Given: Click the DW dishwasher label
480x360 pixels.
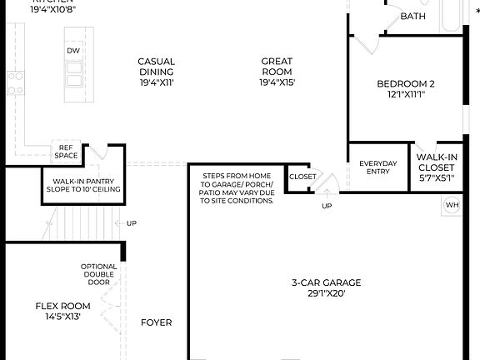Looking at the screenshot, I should click(x=73, y=51).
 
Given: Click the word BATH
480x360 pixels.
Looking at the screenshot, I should click(x=412, y=17).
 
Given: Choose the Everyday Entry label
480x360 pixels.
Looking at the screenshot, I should click(x=379, y=167).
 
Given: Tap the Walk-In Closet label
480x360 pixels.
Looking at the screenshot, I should click(x=436, y=162).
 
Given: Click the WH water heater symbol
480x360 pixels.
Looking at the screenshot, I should click(x=452, y=205).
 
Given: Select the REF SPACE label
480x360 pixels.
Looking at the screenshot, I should click(x=66, y=152).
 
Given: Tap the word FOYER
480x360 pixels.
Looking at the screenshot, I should click(x=156, y=322).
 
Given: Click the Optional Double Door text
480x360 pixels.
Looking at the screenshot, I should click(x=98, y=274).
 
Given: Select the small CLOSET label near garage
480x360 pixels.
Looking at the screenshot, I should click(x=302, y=177).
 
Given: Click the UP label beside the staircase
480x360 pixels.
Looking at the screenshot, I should click(x=131, y=223).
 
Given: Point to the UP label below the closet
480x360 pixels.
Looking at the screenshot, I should click(x=326, y=206).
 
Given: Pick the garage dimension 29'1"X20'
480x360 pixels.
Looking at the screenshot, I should click(x=327, y=293).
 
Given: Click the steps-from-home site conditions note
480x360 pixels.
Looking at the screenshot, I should click(x=237, y=188).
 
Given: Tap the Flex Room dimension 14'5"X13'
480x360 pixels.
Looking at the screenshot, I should click(x=62, y=317).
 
